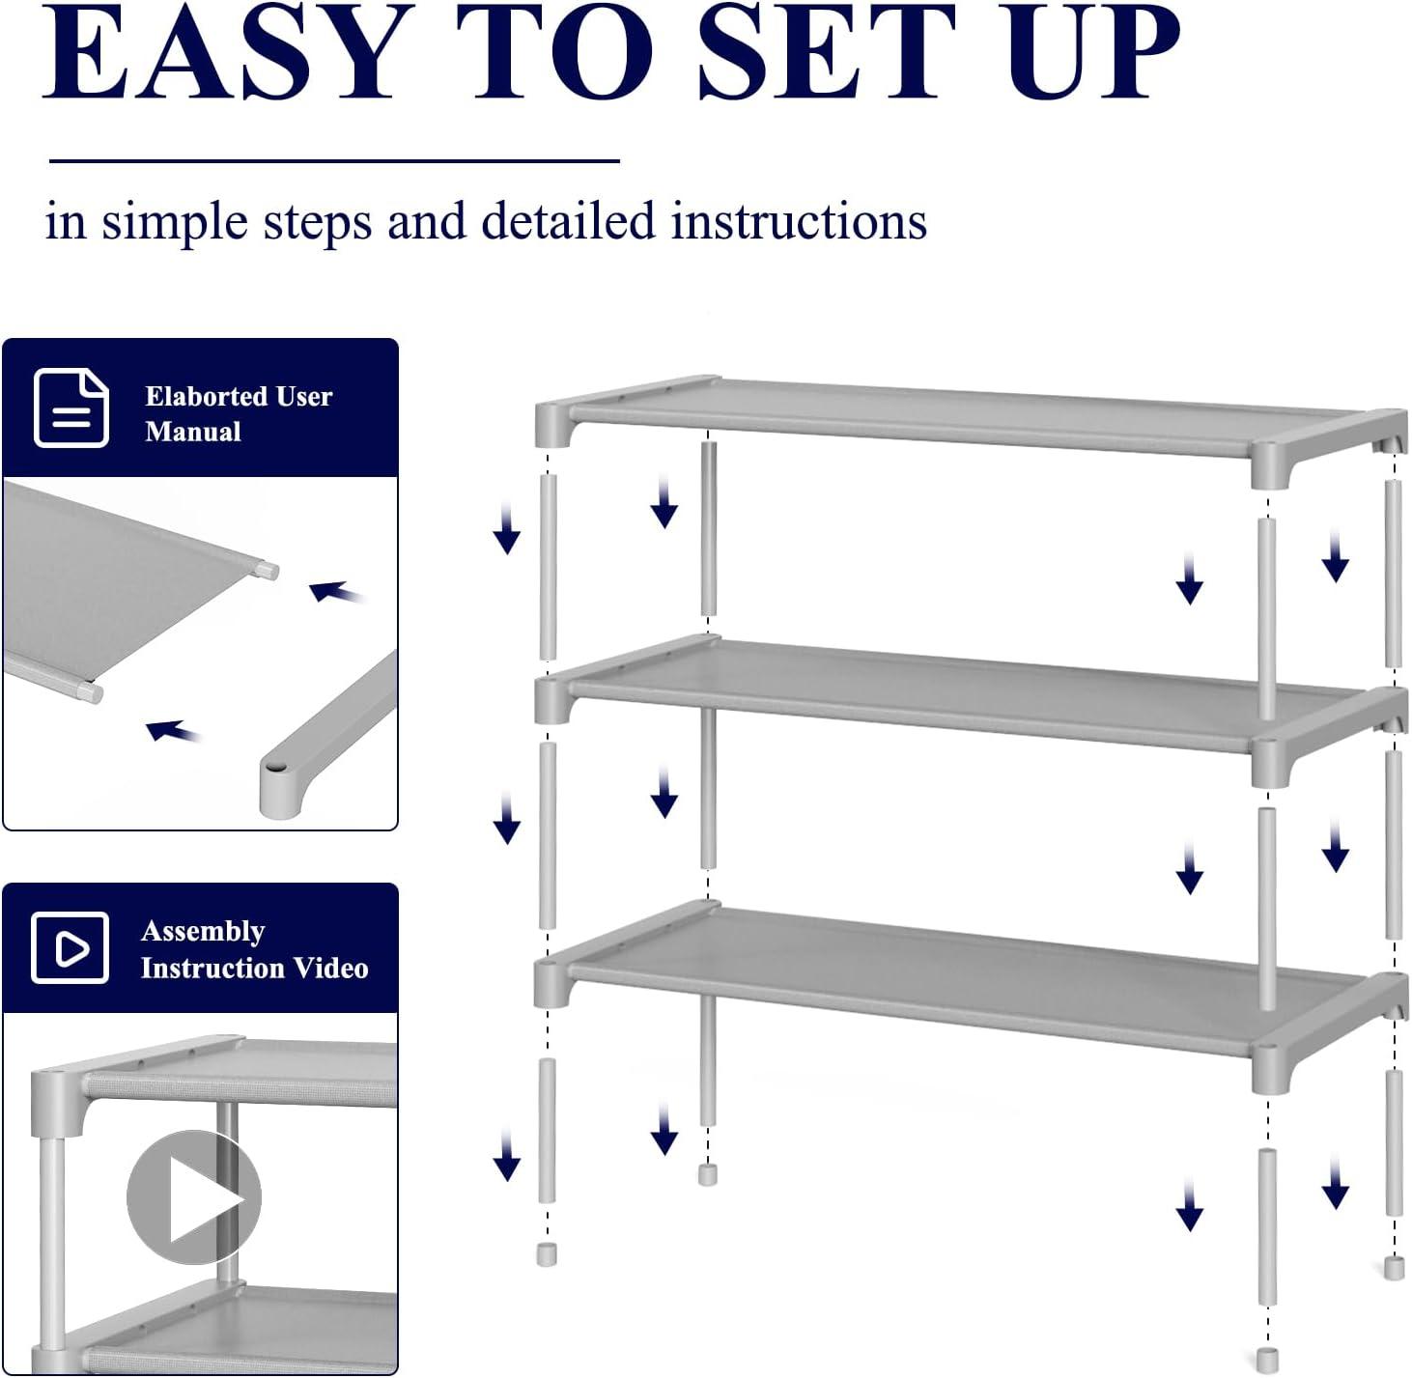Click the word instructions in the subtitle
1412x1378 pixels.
pos(799,221)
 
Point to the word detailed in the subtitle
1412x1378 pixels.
pos(568,221)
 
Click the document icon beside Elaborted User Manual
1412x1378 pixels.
pos(71,408)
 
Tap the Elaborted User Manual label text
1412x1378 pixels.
pos(238,413)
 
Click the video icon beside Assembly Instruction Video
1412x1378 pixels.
pos(70,947)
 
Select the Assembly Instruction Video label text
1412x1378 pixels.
pos(253,949)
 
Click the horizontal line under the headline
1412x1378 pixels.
pos(333,161)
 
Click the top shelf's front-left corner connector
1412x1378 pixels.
pos(551,424)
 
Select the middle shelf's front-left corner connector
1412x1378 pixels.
pos(551,700)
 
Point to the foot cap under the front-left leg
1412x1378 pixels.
pos(547,1254)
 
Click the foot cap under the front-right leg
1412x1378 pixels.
pos(1267,1359)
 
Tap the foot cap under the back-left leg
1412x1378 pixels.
pos(707,1175)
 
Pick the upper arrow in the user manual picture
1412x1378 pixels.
pos(335,591)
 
